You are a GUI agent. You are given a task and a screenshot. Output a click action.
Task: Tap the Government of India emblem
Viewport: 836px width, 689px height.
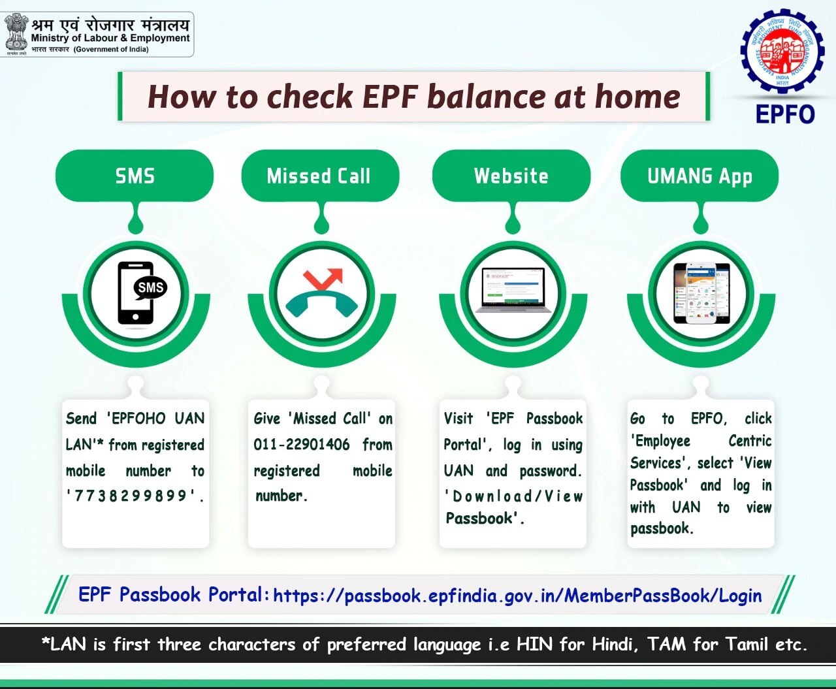(15, 33)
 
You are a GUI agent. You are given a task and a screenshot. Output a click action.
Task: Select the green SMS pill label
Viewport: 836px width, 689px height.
(135, 176)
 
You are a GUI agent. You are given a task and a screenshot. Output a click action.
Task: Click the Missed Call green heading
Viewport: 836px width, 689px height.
(319, 176)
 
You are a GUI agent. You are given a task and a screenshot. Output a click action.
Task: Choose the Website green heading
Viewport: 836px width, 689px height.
(511, 176)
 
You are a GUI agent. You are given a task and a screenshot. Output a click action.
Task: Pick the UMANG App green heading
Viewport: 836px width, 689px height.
(699, 176)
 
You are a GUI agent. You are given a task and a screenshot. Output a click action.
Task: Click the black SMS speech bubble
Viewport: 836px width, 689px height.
(150, 287)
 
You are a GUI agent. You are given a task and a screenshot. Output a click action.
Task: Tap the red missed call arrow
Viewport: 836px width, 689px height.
(323, 279)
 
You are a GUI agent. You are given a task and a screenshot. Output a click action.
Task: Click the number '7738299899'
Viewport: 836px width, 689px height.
(136, 496)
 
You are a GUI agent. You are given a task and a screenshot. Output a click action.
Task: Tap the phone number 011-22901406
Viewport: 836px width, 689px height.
(302, 445)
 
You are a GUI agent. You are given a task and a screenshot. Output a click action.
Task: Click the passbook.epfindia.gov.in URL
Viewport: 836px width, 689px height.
(517, 596)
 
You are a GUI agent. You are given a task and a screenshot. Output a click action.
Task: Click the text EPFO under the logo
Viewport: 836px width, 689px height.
(785, 114)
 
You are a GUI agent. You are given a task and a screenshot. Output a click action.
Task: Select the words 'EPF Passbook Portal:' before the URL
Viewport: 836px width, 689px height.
(174, 595)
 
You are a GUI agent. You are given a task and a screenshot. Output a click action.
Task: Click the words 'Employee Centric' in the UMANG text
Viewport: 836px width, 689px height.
(700, 441)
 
